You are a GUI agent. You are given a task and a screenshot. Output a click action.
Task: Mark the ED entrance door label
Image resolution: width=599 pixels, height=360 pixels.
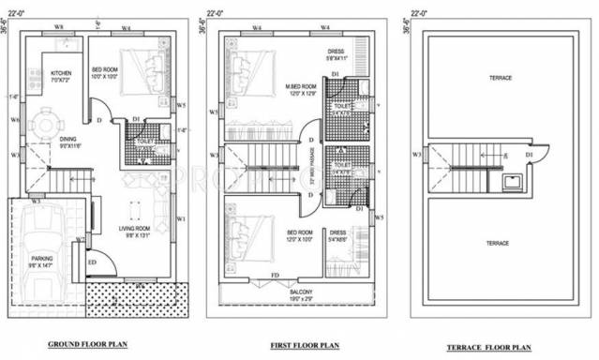[x=92, y=262]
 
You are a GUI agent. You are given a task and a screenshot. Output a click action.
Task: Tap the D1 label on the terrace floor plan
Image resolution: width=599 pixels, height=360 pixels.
[x=529, y=154]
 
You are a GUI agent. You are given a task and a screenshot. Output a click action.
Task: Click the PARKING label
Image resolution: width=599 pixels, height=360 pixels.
[x=41, y=257]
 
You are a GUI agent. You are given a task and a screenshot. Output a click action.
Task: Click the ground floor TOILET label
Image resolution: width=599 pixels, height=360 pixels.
[x=141, y=142]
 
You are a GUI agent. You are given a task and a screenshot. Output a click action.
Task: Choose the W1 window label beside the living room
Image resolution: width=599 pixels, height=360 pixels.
[x=180, y=218]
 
